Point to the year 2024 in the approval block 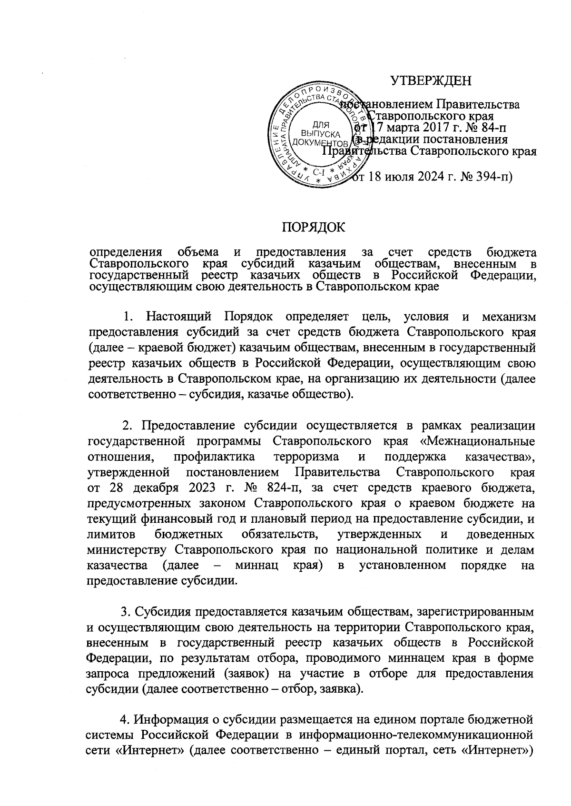(x=431, y=177)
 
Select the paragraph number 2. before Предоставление (x=127, y=425)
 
